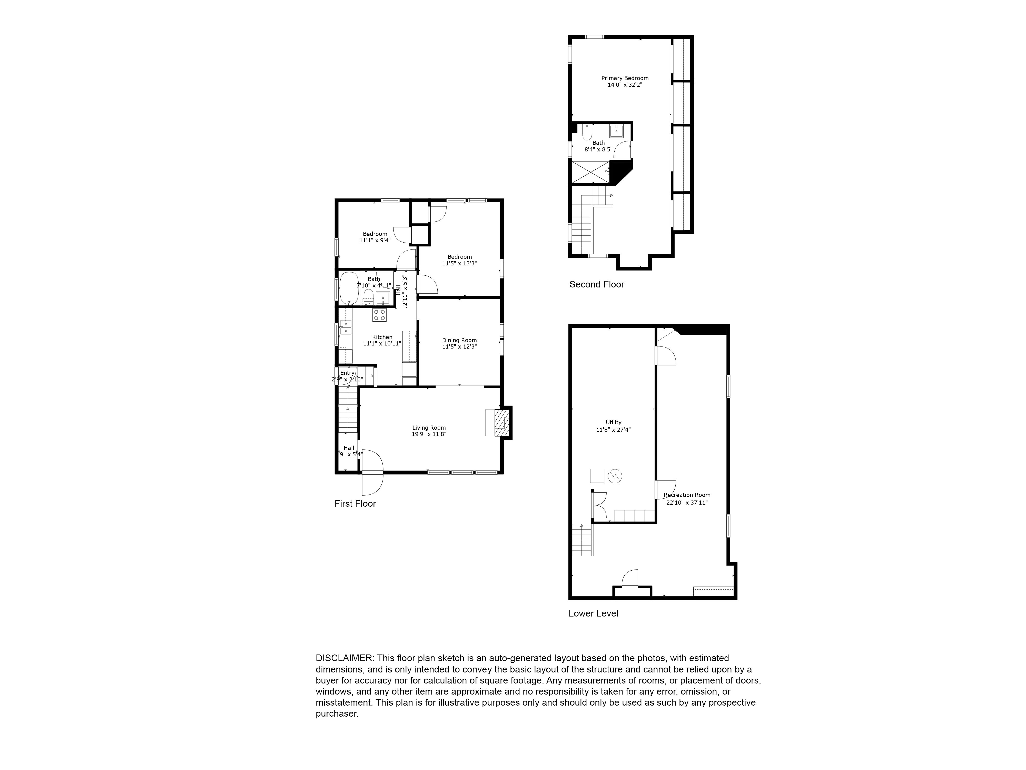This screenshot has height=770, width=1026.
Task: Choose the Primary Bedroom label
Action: tap(625, 78)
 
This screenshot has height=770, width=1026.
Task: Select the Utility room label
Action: tap(613, 422)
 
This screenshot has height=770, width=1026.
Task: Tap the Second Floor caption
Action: tap(596, 284)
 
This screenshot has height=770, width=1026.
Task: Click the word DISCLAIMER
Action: tap(344, 658)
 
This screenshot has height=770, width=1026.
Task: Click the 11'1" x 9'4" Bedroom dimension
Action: tap(375, 240)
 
